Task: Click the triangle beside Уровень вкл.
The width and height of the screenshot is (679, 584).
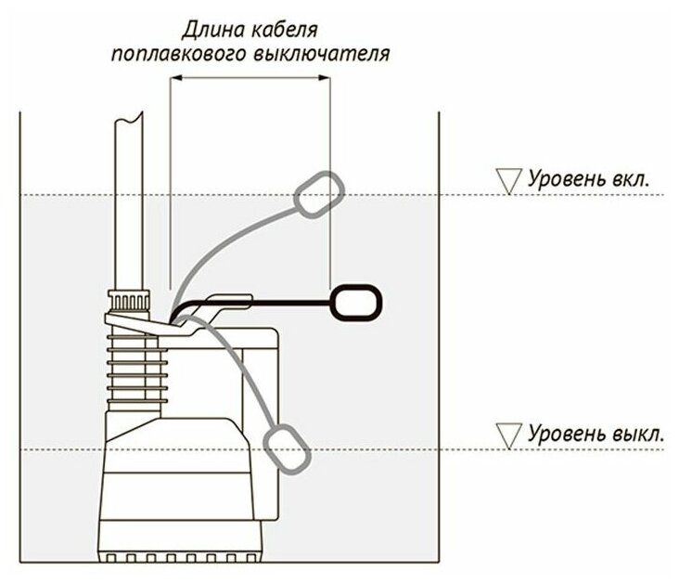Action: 508,180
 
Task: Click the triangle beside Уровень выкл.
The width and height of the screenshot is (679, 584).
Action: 508,434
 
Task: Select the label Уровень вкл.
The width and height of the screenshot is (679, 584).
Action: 596,179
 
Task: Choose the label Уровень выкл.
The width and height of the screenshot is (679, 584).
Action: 596,434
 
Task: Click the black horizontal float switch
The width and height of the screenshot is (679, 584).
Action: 355,303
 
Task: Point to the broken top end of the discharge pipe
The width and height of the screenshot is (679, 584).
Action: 129,120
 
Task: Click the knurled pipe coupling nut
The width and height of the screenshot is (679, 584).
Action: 126,302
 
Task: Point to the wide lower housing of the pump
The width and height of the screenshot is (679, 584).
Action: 176,497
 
